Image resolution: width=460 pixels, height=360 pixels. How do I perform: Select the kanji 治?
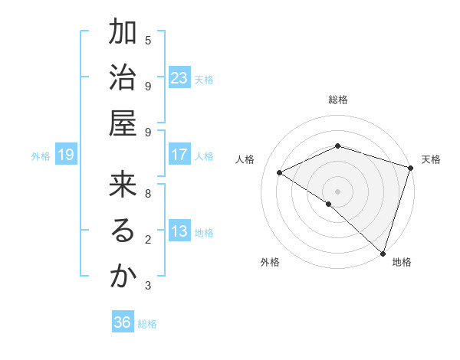point(122,77)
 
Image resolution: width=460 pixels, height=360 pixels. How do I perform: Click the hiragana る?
point(122,231)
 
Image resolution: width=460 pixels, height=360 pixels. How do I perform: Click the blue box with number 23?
point(179,78)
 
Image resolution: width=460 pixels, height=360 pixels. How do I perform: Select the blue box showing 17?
point(179,155)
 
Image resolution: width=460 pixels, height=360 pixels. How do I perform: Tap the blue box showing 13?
point(179,231)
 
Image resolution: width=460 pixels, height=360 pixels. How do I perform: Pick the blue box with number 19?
point(65,155)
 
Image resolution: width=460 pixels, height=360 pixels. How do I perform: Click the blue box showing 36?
point(122,322)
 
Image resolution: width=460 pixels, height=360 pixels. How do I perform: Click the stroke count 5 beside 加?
point(148,40)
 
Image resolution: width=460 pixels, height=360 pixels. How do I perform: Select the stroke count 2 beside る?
point(148,240)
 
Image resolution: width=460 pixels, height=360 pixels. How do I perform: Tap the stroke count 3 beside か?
point(148,286)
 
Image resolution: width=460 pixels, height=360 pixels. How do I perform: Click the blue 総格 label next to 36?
point(147,324)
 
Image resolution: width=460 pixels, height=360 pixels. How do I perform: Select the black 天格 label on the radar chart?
point(431,159)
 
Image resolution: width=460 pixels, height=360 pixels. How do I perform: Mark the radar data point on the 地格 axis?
point(382,252)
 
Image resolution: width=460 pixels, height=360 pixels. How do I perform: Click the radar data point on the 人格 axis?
point(280,173)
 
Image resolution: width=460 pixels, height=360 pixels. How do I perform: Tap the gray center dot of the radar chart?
point(337,191)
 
